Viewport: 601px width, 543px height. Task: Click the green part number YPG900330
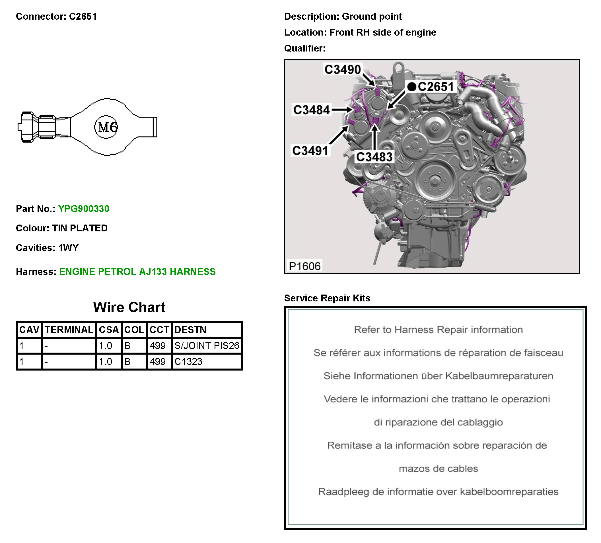click(84, 209)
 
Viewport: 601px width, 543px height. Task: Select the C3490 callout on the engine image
click(343, 69)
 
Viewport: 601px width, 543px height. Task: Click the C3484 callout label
click(312, 110)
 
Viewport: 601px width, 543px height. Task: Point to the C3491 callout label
click(310, 151)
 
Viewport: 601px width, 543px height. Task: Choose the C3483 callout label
click(374, 157)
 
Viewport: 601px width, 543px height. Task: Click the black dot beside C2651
click(412, 87)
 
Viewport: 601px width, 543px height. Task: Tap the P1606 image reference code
click(305, 266)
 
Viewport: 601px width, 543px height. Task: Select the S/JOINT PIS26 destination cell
click(207, 345)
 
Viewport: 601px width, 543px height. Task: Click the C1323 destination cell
click(188, 361)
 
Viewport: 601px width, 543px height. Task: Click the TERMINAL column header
click(69, 330)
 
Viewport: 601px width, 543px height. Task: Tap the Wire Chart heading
click(129, 307)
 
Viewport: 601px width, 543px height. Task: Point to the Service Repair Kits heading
click(327, 298)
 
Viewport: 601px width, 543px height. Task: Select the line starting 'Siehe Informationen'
click(438, 376)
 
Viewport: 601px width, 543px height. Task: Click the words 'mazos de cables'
click(438, 468)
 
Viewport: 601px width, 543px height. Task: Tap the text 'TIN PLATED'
click(80, 228)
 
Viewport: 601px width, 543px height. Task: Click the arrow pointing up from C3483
click(375, 137)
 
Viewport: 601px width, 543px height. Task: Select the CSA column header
click(109, 330)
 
